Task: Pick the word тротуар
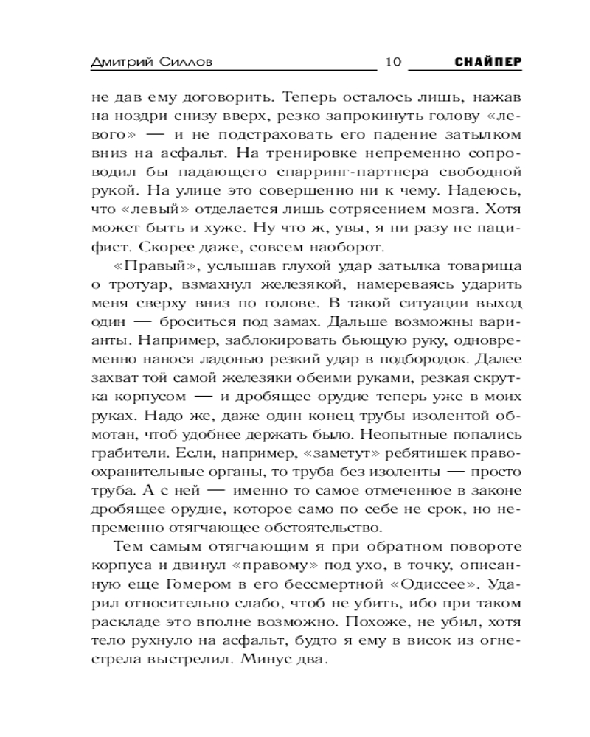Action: (x=129, y=284)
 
